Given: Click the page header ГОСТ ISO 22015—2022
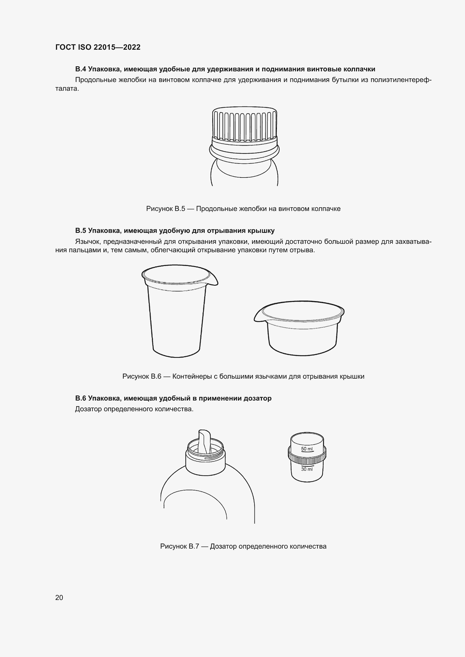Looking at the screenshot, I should tap(98, 47).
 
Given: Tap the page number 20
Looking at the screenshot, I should tap(59, 597).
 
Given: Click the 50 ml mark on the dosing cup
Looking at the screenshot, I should tap(307, 449).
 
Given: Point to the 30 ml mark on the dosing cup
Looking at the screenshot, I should tap(307, 469).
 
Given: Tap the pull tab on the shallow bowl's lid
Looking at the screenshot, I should tap(259, 317).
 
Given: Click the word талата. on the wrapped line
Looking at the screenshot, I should tap(67, 89).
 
